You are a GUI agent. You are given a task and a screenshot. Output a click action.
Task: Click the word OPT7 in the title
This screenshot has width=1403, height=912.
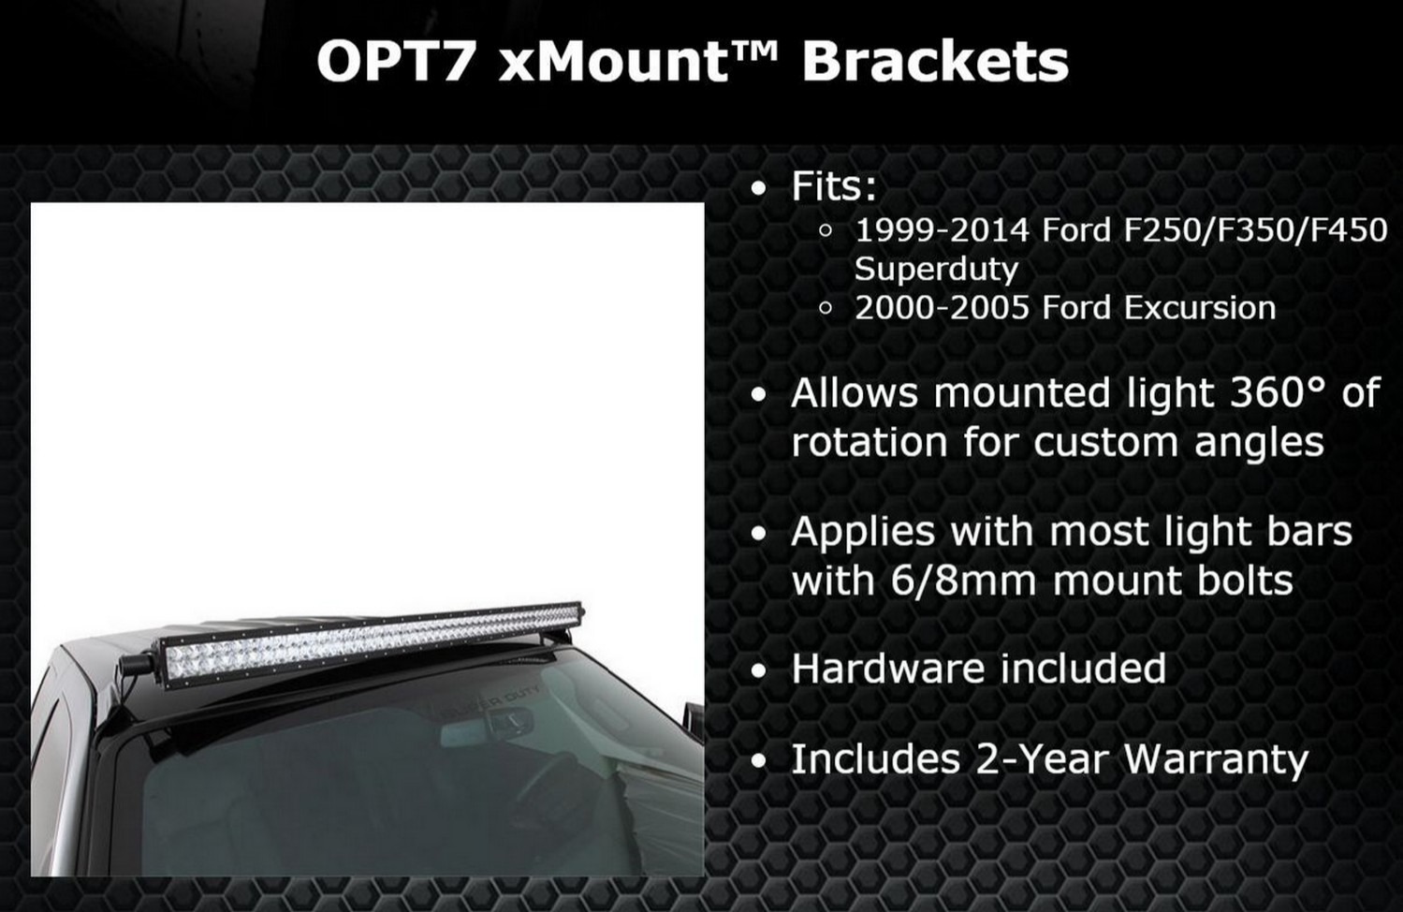point(393,62)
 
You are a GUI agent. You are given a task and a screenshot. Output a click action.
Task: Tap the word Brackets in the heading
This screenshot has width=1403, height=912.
point(935,62)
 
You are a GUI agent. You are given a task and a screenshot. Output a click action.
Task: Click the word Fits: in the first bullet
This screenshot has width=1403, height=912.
point(834,186)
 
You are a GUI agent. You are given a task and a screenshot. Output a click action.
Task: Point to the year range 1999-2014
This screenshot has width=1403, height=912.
point(942,230)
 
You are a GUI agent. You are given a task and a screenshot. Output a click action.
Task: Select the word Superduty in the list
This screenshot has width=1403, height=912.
point(936,271)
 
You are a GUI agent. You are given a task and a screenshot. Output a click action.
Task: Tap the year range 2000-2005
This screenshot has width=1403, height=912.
point(942,308)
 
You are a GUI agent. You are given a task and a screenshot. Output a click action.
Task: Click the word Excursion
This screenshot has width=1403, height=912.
point(1200,308)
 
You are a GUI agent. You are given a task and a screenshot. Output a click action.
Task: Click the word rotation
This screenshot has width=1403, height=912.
point(870,442)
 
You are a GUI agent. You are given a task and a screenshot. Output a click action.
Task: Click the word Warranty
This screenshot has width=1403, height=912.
point(1217,759)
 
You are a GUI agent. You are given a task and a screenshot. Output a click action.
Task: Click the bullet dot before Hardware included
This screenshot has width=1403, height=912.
point(758,671)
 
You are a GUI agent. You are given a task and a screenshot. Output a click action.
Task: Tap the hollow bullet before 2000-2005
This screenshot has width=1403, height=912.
point(826,308)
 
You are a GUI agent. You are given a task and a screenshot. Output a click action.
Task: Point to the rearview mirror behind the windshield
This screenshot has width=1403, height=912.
point(488,728)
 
